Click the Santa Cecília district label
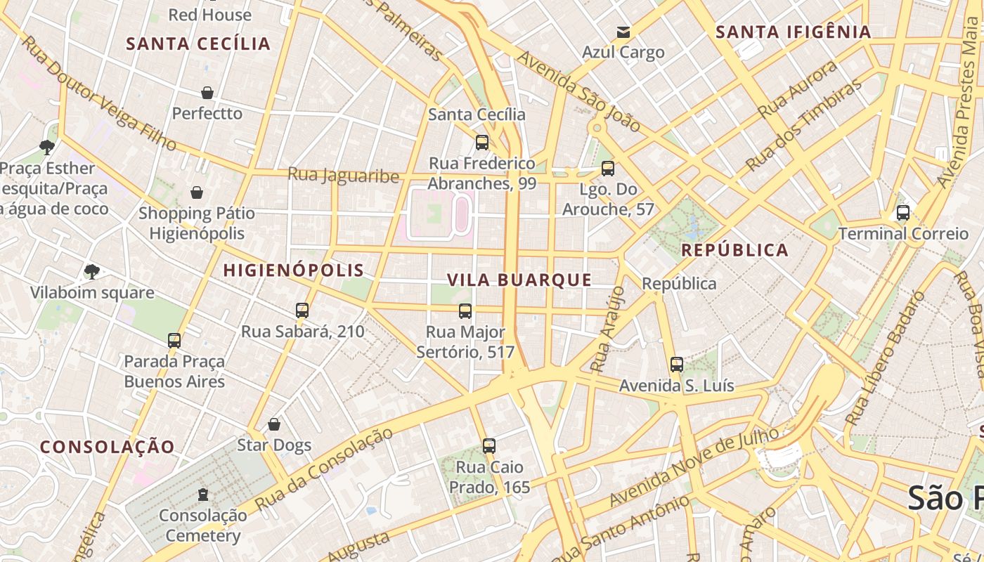198,44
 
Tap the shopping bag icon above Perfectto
207,93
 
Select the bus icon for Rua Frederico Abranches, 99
482,143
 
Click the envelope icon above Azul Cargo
623,32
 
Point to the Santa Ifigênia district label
794,32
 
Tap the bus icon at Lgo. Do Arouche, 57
608,169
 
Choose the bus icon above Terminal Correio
903,213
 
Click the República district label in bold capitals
734,250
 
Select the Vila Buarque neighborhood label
519,280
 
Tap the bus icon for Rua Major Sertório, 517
465,311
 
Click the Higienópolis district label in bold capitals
294,270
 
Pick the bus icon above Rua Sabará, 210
302,311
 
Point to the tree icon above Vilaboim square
91,272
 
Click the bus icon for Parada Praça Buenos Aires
174,341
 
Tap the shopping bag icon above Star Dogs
274,424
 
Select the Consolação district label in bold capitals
107,447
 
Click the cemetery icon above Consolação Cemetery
203,495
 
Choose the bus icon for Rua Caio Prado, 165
489,446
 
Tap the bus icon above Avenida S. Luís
677,365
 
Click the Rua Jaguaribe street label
344,175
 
